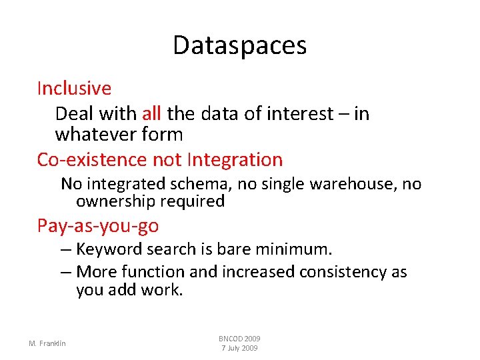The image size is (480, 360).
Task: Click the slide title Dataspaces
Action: pos(239,45)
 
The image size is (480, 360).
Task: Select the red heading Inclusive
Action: pos(74,88)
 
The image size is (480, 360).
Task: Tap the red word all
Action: pos(151,113)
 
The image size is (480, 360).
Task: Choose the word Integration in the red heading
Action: pos(235,160)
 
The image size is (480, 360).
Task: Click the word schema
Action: pos(188,183)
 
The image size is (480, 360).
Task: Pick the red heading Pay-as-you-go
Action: pos(98,226)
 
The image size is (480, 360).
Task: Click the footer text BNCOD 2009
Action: pos(239,339)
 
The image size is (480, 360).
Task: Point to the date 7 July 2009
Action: pos(239,349)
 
